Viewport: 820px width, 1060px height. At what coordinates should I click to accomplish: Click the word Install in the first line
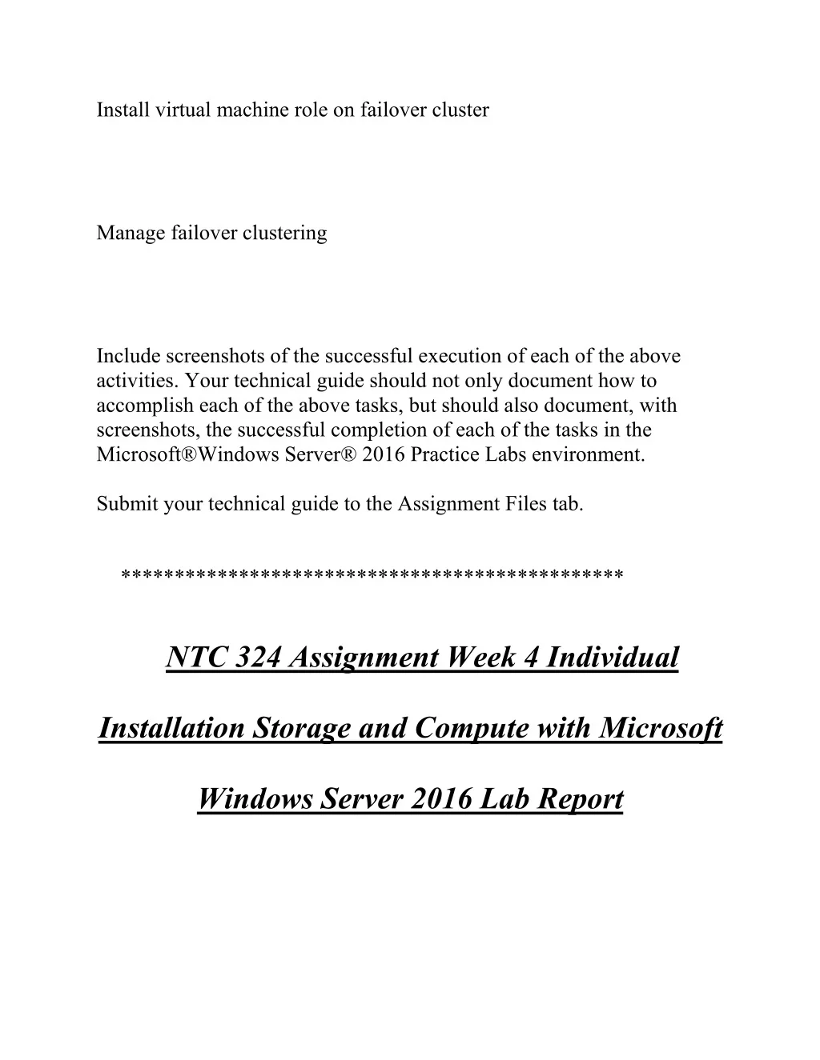point(118,110)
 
